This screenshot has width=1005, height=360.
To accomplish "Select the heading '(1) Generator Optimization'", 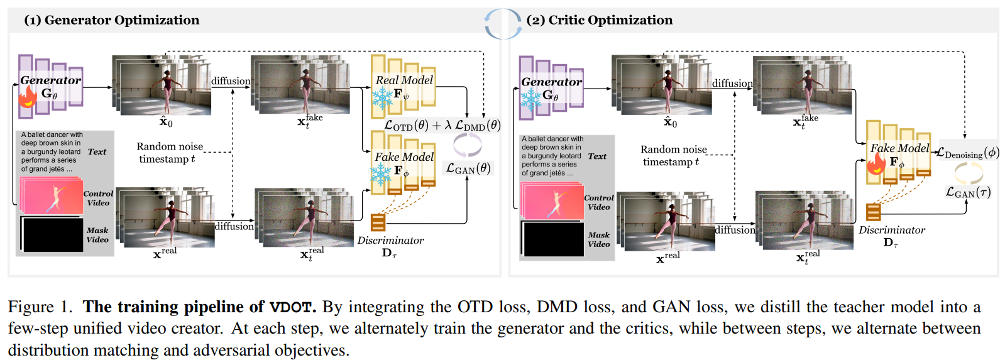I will [111, 20].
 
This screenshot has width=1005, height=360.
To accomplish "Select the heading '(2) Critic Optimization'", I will [600, 20].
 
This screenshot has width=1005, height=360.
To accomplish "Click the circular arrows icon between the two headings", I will [503, 24].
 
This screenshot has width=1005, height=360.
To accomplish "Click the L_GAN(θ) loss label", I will [468, 168].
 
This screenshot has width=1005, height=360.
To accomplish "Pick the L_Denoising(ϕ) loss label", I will [968, 153].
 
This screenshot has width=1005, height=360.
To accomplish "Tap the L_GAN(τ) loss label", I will [969, 192].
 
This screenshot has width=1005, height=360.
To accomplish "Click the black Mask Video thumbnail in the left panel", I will [52, 234].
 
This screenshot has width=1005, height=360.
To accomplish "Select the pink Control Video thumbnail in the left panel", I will [52, 196].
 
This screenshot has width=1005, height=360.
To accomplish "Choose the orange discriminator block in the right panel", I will [873, 212].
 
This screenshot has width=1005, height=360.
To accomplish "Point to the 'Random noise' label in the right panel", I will [674, 150].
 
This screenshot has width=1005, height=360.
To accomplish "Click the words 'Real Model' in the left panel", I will [404, 80].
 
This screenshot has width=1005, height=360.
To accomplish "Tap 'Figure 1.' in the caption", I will [40, 307].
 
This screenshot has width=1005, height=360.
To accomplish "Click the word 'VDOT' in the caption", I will [291, 307].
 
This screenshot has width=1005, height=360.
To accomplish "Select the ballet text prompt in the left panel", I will [52, 152].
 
